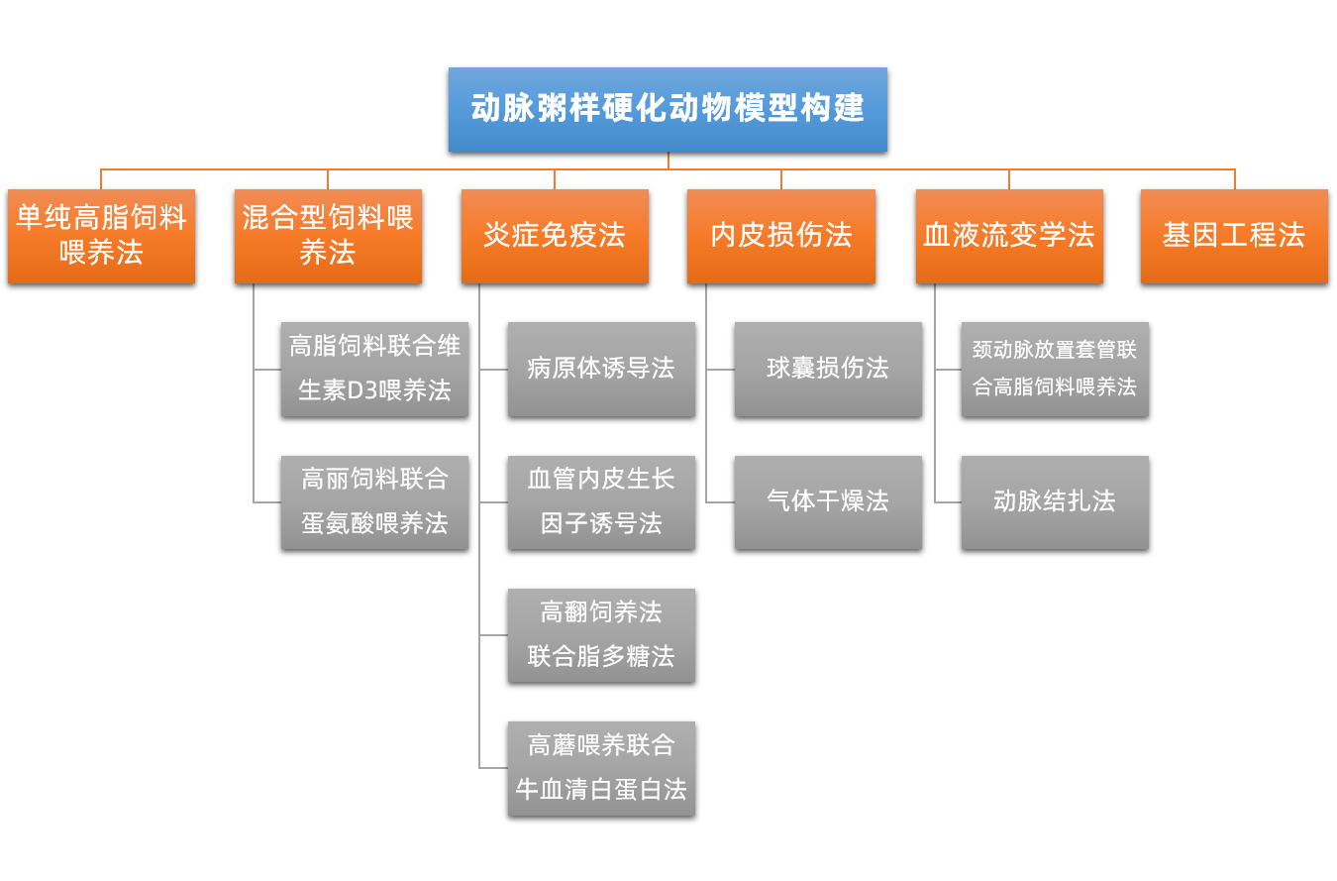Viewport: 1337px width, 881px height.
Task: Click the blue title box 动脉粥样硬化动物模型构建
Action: [668, 109]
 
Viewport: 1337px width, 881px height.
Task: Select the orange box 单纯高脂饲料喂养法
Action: [101, 236]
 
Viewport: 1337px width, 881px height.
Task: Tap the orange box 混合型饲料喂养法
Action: [328, 236]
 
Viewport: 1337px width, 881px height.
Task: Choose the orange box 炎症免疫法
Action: [555, 236]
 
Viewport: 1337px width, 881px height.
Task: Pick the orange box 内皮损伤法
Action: [781, 236]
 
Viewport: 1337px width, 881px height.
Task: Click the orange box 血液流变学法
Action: [1009, 236]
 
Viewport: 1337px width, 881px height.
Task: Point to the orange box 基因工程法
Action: [1234, 236]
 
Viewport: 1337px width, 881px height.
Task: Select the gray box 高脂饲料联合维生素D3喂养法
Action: [374, 369]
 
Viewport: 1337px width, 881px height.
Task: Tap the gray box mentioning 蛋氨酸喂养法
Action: [374, 502]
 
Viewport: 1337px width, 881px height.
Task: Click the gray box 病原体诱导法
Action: [601, 369]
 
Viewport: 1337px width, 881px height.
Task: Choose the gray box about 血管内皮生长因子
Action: [601, 502]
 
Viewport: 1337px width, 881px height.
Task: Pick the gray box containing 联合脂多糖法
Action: [601, 635]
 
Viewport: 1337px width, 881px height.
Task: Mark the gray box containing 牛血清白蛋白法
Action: [601, 768]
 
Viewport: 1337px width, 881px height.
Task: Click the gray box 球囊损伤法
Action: [828, 369]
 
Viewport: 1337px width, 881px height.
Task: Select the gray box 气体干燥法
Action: [828, 502]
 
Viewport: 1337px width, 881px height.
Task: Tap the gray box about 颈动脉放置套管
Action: [1055, 369]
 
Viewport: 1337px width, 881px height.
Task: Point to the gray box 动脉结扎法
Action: [1055, 502]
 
